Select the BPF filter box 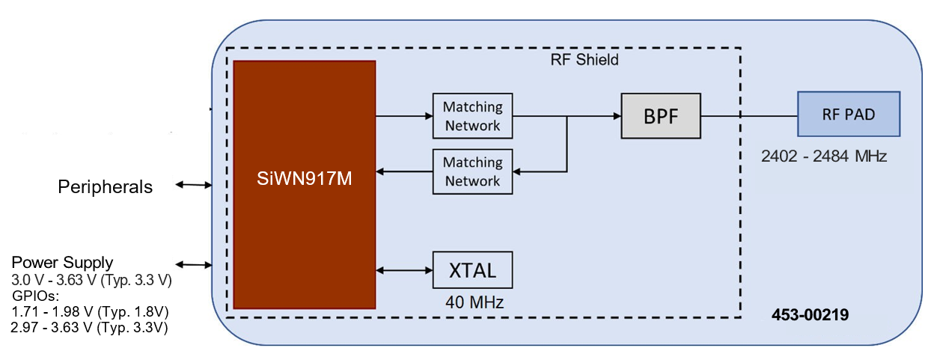[x=661, y=116]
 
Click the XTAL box [x=472, y=269]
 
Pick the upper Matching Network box [x=472, y=116]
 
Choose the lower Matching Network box [x=472, y=171]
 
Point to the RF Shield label [x=579, y=59]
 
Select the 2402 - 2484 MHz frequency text [x=823, y=156]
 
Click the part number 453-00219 [x=810, y=316]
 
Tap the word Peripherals [x=105, y=187]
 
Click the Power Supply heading [x=62, y=263]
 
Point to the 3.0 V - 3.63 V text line [x=91, y=280]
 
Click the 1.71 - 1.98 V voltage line [x=90, y=311]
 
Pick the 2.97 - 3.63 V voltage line [x=89, y=328]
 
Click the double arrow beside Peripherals [x=193, y=185]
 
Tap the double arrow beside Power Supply [x=193, y=264]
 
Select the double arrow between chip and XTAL [x=404, y=270]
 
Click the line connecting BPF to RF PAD [x=749, y=116]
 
